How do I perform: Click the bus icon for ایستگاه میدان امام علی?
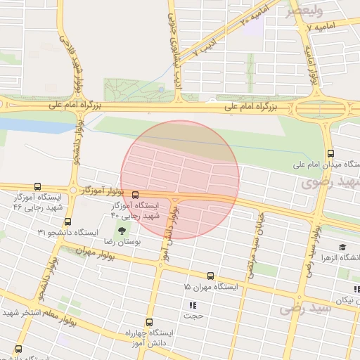[x=330, y=154]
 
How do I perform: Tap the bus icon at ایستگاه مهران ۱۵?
[x=210, y=276]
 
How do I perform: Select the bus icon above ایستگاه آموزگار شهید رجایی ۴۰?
[x=135, y=195]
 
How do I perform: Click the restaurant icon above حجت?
[x=192, y=306]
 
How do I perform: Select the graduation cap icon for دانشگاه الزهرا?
[x=342, y=247]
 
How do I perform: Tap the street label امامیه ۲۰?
[x=245, y=20]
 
